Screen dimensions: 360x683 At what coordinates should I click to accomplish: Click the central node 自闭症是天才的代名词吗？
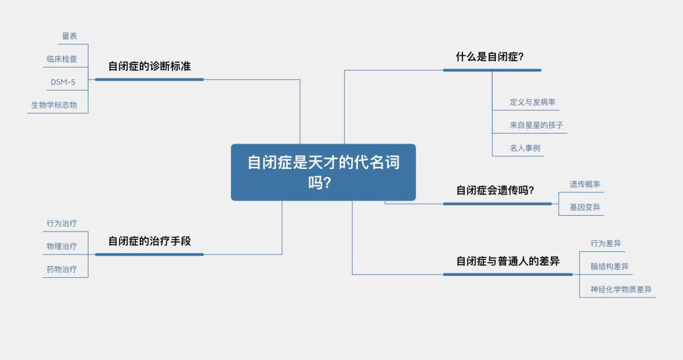tap(323, 172)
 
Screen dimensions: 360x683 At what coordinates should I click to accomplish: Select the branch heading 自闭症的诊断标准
tap(149, 66)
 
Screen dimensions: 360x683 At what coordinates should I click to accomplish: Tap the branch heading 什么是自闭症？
tap(489, 56)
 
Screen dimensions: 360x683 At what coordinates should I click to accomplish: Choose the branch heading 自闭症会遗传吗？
tap(495, 190)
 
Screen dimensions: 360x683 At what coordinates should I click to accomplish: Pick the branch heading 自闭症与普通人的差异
tap(508, 261)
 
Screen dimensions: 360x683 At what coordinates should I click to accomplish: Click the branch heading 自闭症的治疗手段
tap(149, 241)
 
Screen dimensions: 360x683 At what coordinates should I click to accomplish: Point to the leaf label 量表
tap(70, 37)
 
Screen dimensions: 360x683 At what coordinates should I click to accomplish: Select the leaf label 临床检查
tap(62, 59)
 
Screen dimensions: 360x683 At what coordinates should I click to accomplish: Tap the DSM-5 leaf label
tap(63, 82)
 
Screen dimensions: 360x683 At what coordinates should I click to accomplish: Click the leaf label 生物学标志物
tap(54, 105)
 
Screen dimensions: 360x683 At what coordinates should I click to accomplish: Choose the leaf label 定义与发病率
tap(532, 102)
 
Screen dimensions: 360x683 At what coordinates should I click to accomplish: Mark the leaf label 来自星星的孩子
tap(536, 125)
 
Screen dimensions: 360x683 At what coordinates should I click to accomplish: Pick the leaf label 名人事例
tap(525, 148)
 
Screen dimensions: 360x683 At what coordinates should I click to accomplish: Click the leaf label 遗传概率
tap(585, 184)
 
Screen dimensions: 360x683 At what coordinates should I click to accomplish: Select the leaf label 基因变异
tap(585, 207)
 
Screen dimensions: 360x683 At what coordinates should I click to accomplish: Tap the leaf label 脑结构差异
tap(610, 266)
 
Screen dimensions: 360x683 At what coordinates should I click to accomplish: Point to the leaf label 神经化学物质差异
tap(621, 290)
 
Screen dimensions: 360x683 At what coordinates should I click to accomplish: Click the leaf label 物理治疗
tap(62, 246)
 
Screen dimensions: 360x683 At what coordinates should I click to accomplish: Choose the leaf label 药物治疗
tap(62, 269)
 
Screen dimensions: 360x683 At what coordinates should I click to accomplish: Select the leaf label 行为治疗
tap(62, 223)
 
